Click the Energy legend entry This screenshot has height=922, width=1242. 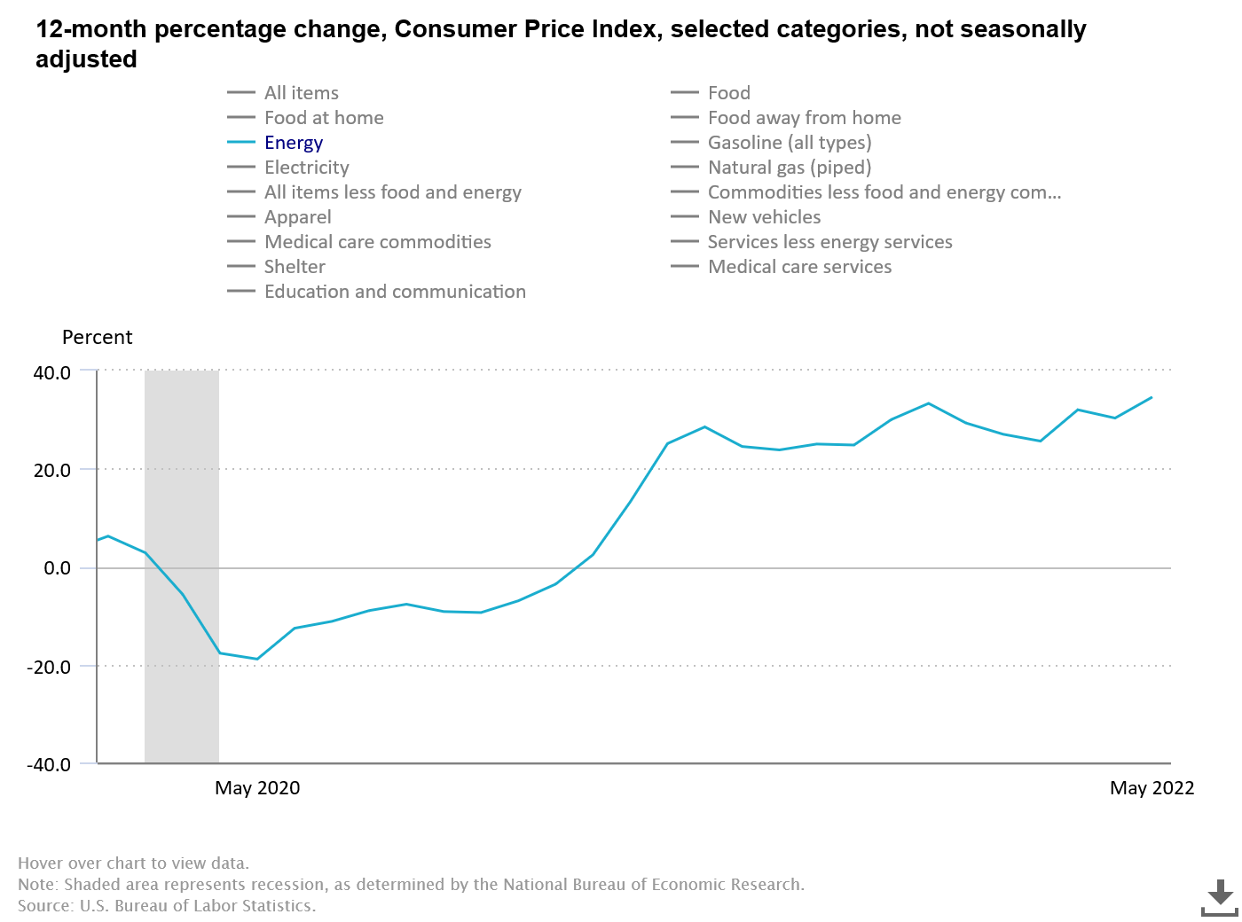coord(293,143)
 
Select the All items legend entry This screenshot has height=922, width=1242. coord(301,93)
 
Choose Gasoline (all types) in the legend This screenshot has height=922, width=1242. coord(789,143)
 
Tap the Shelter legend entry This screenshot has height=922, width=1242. coord(295,267)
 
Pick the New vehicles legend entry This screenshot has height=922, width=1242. coord(764,217)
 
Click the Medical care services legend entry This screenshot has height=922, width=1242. coord(799,267)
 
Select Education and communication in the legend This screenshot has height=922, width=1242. coord(395,292)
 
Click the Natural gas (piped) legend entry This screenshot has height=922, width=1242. coord(789,168)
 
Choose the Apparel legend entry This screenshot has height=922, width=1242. coord(297,217)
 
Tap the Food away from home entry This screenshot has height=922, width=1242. coord(804,118)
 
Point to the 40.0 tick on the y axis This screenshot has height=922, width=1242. coord(52,372)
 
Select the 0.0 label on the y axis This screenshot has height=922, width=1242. coord(58,568)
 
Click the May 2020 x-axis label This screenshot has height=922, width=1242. coord(257,788)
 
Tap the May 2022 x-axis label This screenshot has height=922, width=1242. coord(1152,788)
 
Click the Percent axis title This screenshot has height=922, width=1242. coord(97,338)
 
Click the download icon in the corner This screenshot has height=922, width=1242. coord(1220,897)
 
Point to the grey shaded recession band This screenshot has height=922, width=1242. coord(182,567)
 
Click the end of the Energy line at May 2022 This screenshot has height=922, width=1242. coord(1152,397)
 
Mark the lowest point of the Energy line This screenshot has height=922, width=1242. coord(257,659)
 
